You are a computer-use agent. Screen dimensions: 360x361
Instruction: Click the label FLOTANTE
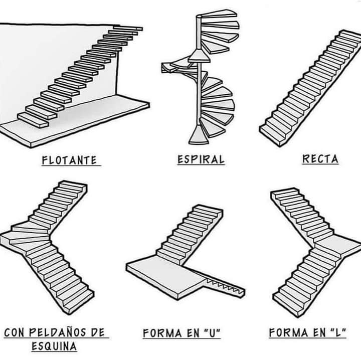click(x=69, y=160)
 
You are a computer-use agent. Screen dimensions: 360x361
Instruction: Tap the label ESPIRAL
click(x=201, y=160)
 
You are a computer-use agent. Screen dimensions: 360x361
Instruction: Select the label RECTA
click(x=320, y=159)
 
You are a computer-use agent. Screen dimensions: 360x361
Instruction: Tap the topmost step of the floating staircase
click(x=128, y=28)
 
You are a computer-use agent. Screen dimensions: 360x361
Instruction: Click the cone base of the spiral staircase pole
click(x=199, y=135)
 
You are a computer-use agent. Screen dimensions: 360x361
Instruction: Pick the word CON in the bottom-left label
click(x=15, y=332)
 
